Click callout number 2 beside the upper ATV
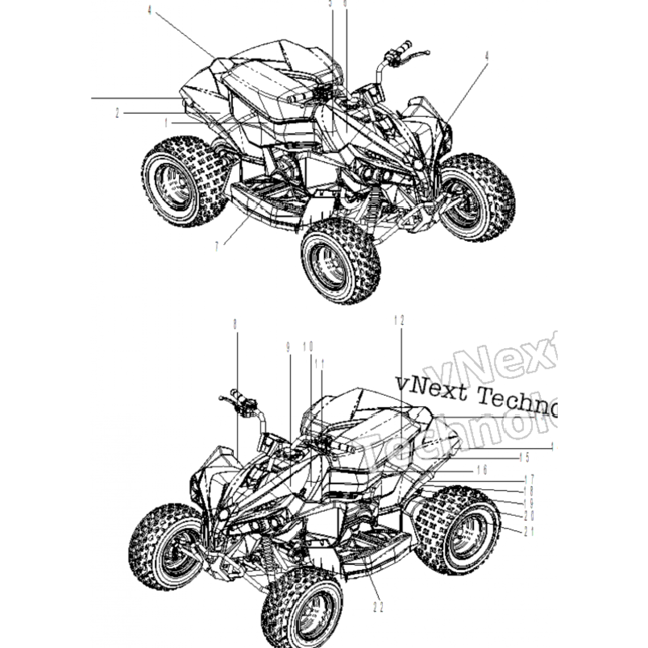(117, 113)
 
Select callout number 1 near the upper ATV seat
(166, 123)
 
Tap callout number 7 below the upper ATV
(216, 246)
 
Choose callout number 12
(399, 320)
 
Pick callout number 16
(482, 470)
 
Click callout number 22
(378, 607)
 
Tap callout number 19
(529, 503)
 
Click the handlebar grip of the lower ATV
(238, 395)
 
